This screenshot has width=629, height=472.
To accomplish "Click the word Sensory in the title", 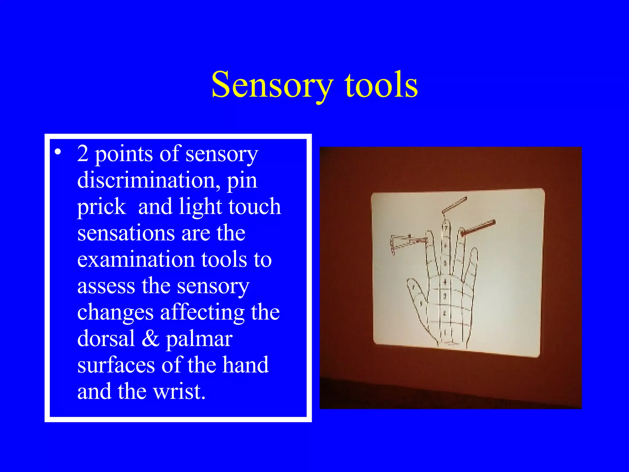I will [272, 85].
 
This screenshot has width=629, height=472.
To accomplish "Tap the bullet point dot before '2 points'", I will [58, 152].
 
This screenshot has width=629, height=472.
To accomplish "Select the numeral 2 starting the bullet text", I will [83, 153].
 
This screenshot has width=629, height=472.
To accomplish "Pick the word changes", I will [115, 313].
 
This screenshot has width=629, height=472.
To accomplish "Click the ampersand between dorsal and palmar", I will [150, 339].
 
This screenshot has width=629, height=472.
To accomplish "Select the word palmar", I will [199, 339].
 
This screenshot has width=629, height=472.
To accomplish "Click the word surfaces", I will [116, 365].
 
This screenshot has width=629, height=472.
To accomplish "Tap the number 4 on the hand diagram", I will [445, 281].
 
